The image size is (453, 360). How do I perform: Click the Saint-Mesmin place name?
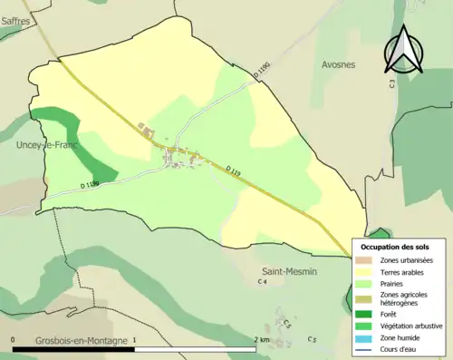pos(287,270)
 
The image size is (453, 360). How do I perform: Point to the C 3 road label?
pos(392,83)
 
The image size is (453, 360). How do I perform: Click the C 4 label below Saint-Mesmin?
pos(263,283)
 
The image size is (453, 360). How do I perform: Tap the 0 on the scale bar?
pos(14,340)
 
